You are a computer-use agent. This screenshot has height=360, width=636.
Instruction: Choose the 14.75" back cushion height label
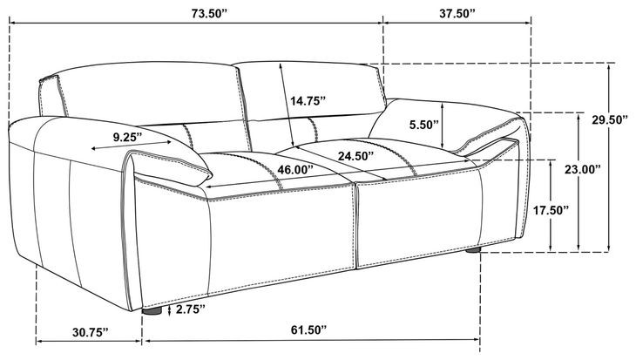(308, 101)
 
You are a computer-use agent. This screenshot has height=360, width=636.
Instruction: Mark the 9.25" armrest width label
(128, 136)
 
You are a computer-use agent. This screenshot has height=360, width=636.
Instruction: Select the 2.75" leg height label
(190, 309)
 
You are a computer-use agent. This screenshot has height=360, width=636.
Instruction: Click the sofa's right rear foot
(474, 250)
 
